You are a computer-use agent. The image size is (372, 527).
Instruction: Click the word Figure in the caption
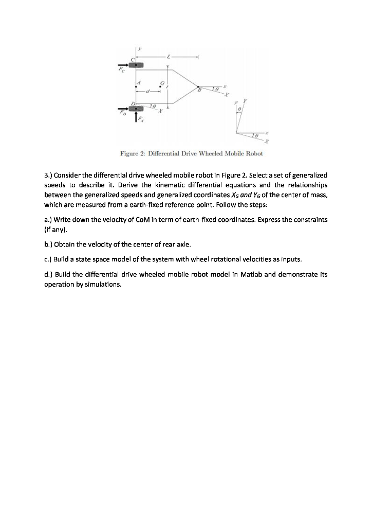tap(129, 153)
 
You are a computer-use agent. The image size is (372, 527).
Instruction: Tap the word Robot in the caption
tap(254, 153)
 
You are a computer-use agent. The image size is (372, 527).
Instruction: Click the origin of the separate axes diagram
tap(237, 133)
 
